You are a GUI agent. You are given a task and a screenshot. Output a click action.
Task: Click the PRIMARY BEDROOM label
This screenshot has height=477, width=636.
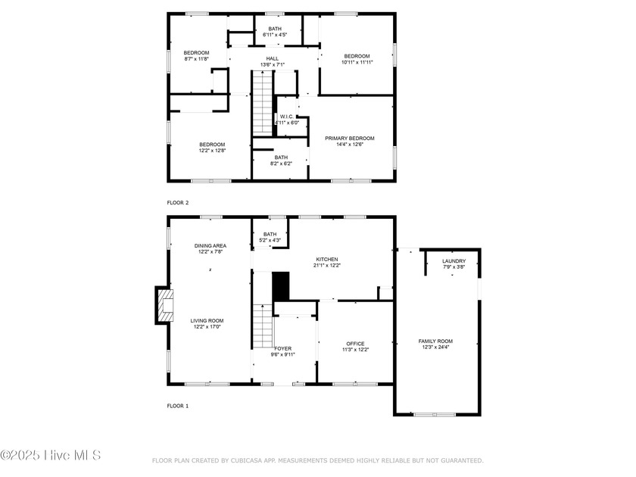click(x=350, y=139)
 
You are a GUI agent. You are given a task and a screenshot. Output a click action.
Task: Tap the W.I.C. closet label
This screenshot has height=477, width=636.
click(x=287, y=117)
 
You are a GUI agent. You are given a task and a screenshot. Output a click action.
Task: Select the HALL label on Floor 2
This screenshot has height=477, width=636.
click(x=273, y=59)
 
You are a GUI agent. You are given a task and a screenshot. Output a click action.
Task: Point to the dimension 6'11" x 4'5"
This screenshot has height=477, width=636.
click(x=275, y=35)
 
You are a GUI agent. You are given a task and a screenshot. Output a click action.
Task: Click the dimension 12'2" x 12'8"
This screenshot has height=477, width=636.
click(x=212, y=151)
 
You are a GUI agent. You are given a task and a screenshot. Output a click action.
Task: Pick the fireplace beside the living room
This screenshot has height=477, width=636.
click(x=164, y=305)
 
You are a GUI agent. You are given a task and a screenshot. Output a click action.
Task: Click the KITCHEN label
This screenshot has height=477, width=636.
click(x=327, y=260)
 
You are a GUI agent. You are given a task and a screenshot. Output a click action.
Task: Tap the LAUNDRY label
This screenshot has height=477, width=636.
click(x=454, y=261)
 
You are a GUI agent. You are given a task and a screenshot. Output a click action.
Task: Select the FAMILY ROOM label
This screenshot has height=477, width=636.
click(x=435, y=341)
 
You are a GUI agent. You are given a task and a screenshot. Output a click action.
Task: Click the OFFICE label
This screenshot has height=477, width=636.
click(x=355, y=344)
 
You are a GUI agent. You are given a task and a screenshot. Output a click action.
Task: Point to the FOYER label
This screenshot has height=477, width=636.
click(x=282, y=348)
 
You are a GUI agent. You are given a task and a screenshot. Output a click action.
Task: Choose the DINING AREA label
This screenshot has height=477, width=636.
click(x=210, y=246)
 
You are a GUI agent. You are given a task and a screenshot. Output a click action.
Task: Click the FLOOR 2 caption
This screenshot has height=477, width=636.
click(x=178, y=203)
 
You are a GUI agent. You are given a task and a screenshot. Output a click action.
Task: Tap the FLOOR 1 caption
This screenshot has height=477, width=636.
click(x=178, y=406)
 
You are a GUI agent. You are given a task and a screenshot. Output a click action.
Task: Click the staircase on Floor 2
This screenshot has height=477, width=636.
click(x=263, y=103)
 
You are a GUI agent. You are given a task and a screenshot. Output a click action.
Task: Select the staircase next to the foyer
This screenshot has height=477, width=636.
click(x=263, y=326)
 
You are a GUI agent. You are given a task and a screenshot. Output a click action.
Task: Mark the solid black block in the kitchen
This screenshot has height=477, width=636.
click(x=281, y=286)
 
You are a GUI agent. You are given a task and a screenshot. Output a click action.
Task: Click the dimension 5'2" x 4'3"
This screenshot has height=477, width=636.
click(x=270, y=241)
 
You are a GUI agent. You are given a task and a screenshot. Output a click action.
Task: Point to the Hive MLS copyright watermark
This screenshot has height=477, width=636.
click(x=50, y=455)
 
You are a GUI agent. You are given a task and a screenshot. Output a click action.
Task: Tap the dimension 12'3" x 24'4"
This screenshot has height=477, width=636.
click(x=435, y=348)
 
